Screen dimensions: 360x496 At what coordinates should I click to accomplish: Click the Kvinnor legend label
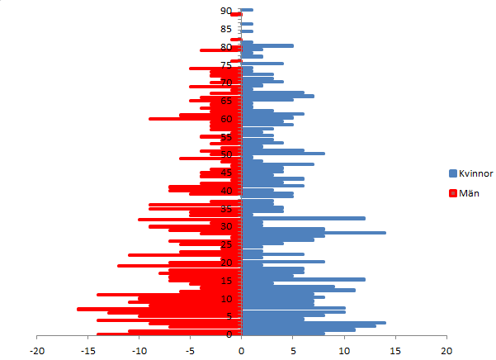[476, 174]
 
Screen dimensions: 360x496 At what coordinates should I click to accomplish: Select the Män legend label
[470, 193]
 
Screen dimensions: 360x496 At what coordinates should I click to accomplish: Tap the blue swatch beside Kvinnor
[453, 174]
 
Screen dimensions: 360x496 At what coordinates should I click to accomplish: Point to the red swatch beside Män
[453, 193]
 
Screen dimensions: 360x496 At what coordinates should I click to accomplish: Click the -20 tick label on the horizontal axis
[38, 349]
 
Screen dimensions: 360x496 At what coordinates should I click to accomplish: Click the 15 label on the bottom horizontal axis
[395, 349]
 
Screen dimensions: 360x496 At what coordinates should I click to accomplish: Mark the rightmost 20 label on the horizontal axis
[446, 349]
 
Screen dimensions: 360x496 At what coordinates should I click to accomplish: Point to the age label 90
[225, 11]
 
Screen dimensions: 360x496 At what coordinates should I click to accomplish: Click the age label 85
[225, 29]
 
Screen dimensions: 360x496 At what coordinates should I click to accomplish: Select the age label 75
[225, 64]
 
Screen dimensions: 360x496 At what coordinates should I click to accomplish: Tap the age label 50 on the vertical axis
[225, 154]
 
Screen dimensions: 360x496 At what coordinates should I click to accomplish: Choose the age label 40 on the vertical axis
[225, 191]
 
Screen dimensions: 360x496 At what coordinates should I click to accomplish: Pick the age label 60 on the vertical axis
[225, 118]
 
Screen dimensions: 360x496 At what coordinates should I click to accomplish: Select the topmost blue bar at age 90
[247, 10]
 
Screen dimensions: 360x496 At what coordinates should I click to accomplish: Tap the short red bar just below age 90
[236, 15]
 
